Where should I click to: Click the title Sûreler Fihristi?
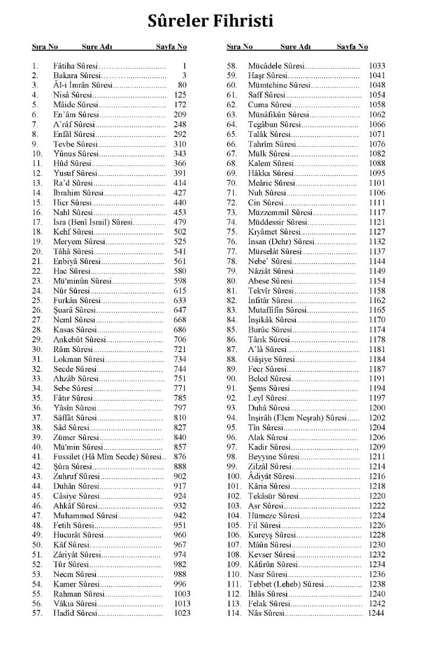pyautogui.click(x=211, y=21)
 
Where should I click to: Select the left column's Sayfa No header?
pyautogui.click(x=171, y=47)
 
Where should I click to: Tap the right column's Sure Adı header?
pyautogui.click(x=295, y=47)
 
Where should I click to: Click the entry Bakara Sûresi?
pyautogui.click(x=76, y=75)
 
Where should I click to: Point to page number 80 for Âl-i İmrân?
pyautogui.click(x=182, y=85)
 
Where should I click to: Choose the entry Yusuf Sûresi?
pyautogui.click(x=75, y=173)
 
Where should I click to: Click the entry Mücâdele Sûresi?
pyautogui.click(x=276, y=66)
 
